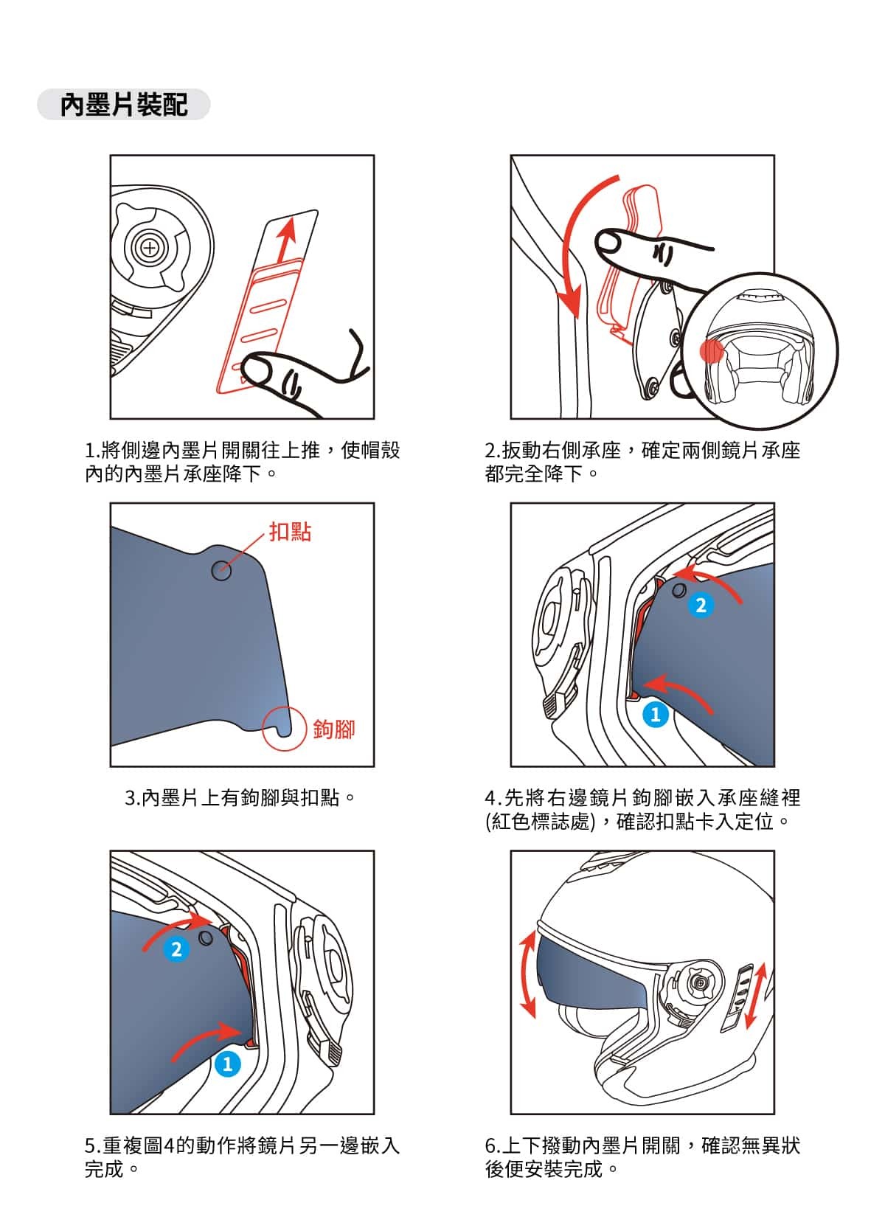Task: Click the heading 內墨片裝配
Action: tap(123, 104)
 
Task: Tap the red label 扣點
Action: tap(290, 532)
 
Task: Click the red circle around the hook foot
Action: tap(284, 729)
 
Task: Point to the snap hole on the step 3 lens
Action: tap(221, 570)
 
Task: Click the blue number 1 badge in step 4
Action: tap(655, 715)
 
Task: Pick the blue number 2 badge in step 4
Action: tap(701, 605)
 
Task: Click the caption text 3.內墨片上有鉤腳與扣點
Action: tap(240, 798)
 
